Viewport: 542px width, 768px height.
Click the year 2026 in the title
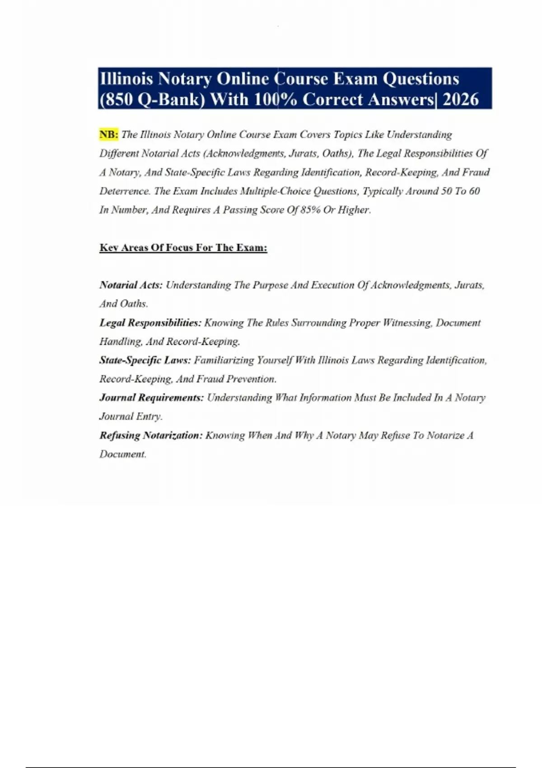coord(460,99)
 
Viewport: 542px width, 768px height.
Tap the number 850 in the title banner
coord(118,99)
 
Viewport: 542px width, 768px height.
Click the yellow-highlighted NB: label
coord(108,135)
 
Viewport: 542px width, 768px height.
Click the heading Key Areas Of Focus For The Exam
coord(183,248)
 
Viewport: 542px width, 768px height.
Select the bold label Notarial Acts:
coord(131,285)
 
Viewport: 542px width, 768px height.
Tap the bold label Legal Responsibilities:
coord(150,323)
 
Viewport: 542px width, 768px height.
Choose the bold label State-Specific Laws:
coord(145,360)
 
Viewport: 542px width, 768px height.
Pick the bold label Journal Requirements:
coord(152,398)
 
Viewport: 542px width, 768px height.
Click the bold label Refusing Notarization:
coord(151,436)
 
